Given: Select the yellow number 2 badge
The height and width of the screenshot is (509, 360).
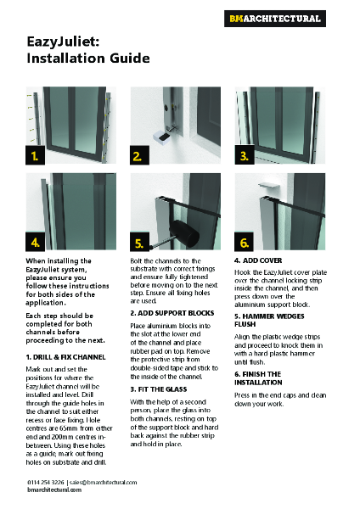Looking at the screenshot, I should (138, 156).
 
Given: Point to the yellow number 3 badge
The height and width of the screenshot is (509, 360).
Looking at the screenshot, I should (243, 156).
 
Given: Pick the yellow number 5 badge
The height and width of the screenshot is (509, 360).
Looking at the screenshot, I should (138, 241).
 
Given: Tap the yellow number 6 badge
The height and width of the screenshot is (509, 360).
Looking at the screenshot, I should (243, 241).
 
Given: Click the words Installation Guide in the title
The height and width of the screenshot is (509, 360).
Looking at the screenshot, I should (88, 59).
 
